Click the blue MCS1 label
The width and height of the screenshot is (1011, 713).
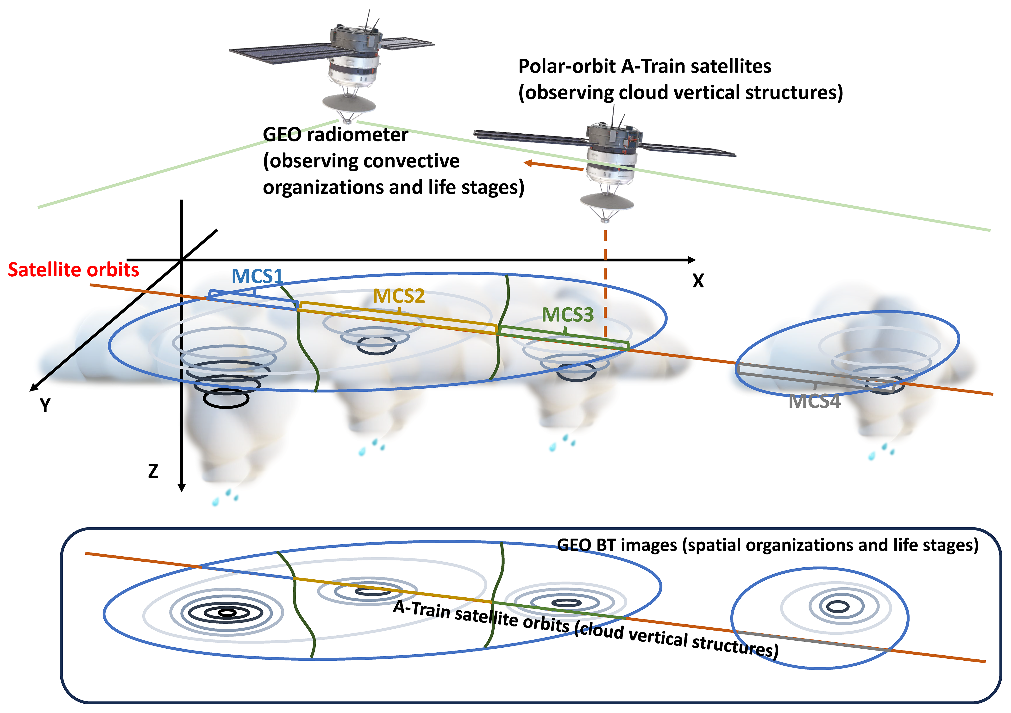point(257,276)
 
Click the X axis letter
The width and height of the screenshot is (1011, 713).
point(698,281)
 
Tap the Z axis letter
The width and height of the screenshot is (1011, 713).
point(153,471)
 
